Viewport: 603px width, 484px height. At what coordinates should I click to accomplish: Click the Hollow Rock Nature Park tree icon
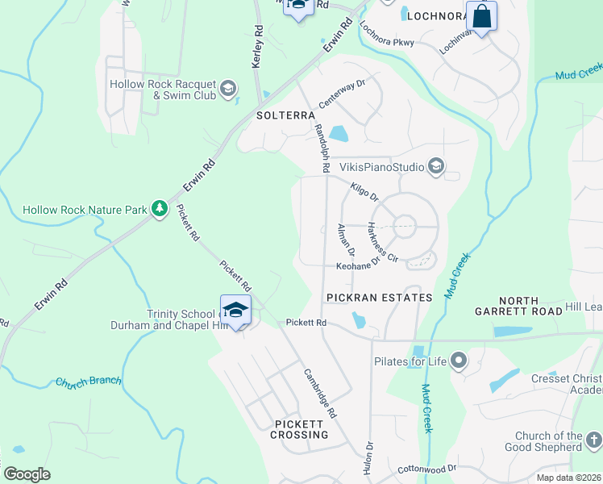160,210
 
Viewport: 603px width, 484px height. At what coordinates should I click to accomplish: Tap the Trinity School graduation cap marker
235,310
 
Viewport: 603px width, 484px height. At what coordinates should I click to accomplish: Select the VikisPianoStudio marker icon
436,168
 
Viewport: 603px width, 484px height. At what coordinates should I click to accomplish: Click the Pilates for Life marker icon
459,360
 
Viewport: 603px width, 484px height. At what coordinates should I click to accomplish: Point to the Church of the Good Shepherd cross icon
593,440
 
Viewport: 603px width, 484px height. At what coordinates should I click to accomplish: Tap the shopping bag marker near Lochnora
481,17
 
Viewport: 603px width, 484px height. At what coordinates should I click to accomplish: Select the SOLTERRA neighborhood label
285,115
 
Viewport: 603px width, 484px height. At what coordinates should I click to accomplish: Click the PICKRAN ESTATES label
379,298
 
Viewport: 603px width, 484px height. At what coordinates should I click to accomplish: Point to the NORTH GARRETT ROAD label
518,307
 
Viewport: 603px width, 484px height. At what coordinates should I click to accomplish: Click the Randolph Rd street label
322,149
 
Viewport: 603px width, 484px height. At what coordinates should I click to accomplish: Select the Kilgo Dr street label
364,193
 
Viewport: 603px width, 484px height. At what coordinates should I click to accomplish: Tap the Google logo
27,474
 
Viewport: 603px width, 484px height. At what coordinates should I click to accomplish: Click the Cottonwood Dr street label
427,469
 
